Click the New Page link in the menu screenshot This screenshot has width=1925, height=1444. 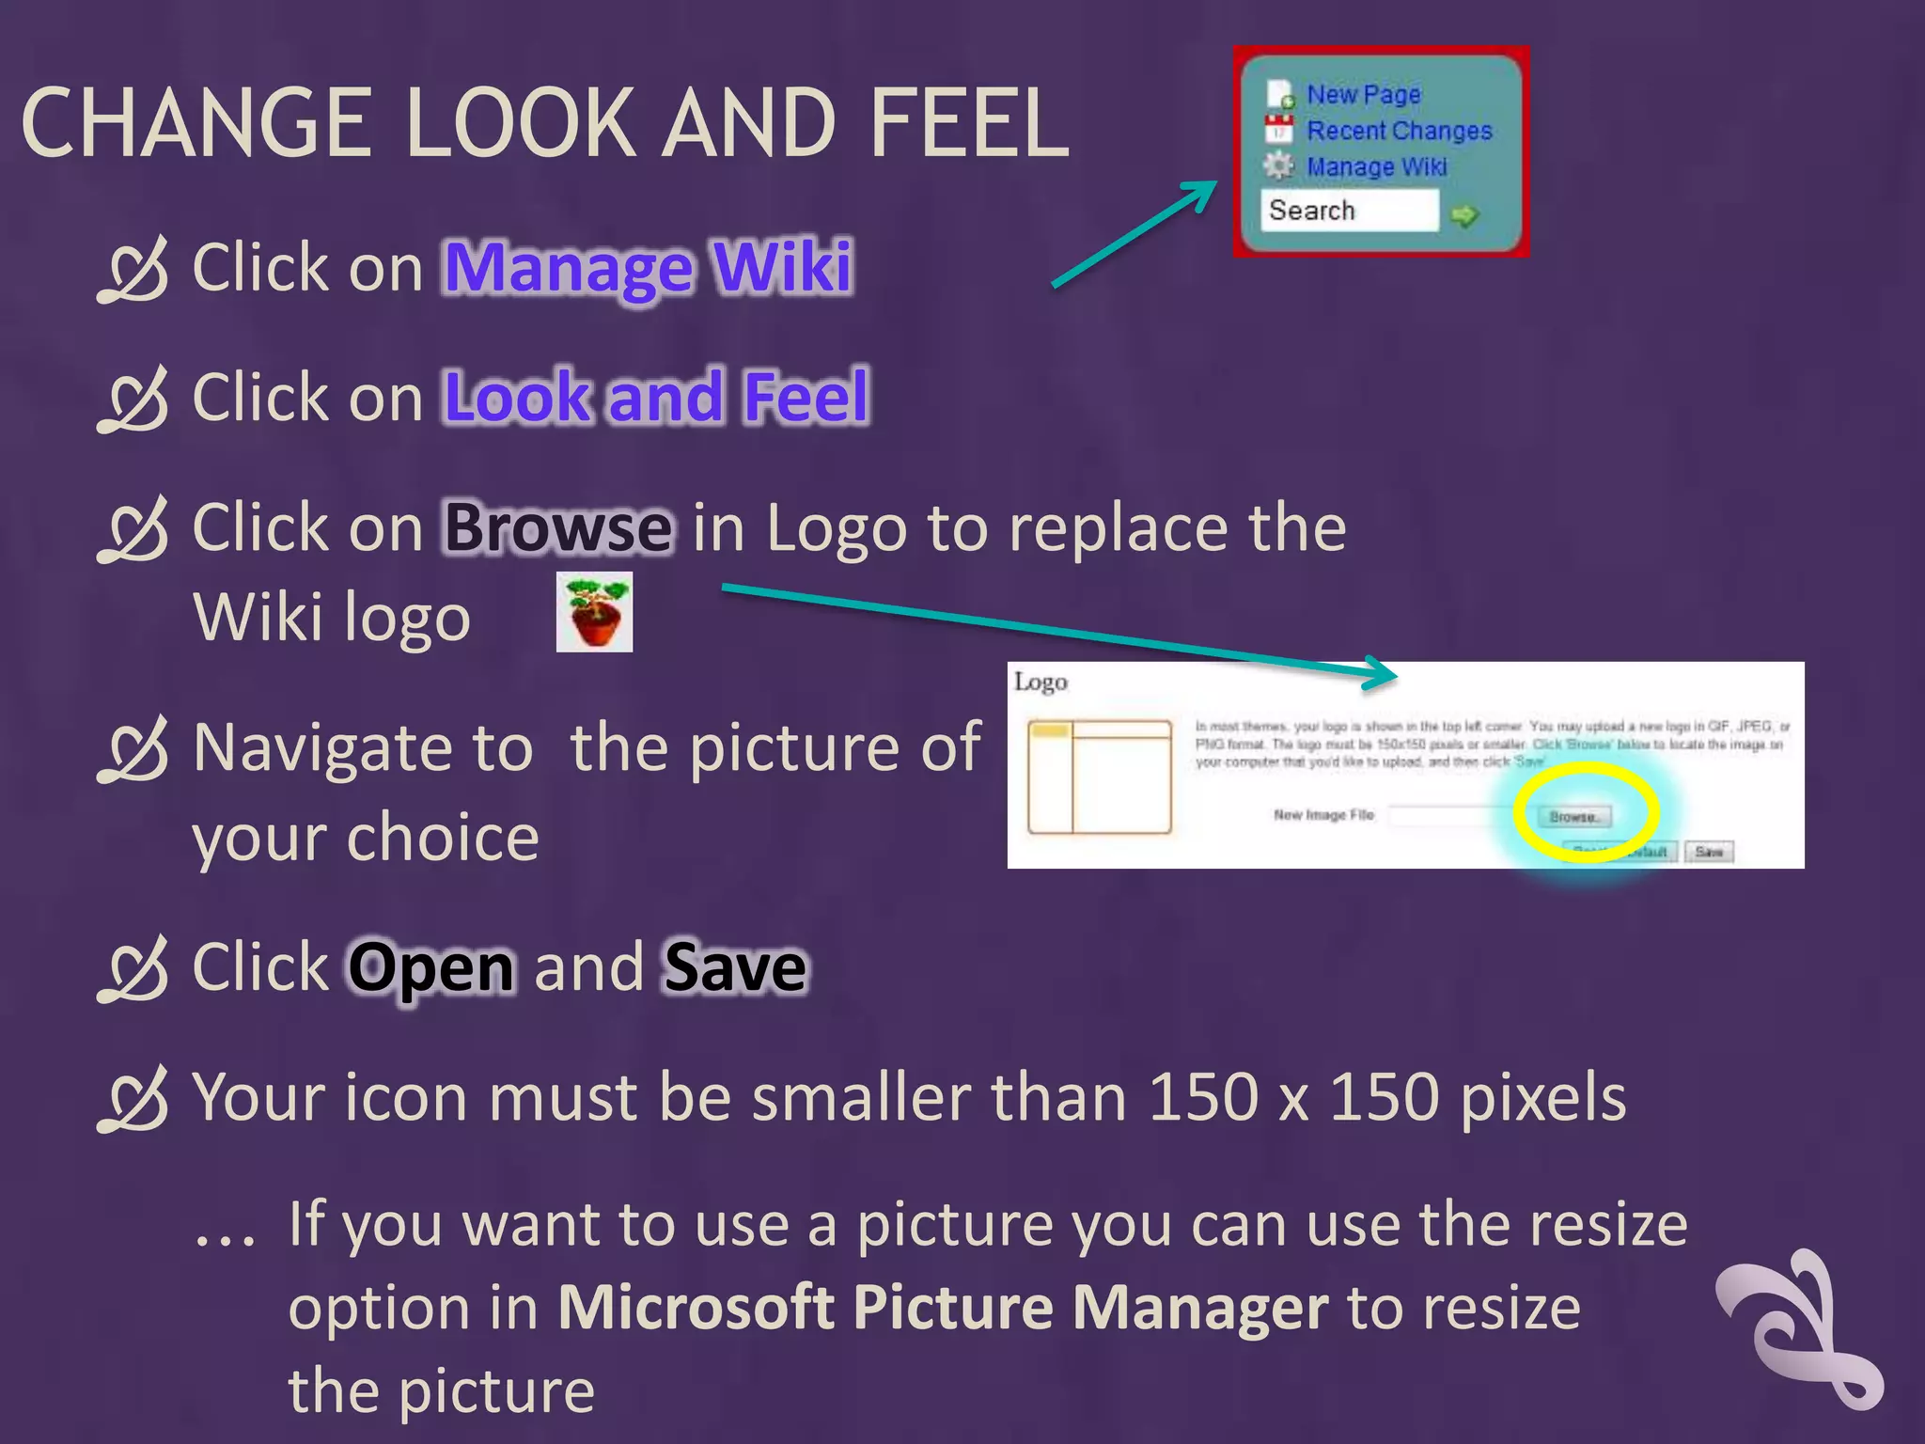[1363, 94]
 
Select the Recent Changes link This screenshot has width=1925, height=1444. [1399, 131]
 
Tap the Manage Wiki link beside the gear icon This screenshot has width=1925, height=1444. [1376, 166]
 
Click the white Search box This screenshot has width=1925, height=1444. [1349, 210]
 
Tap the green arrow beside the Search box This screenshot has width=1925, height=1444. [1464, 215]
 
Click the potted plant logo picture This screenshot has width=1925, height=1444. [594, 612]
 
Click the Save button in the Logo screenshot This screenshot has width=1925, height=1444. [1708, 852]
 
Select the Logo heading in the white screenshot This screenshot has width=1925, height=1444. [1041, 682]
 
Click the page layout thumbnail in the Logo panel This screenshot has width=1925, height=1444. [1099, 777]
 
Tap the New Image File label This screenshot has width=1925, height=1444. [1323, 815]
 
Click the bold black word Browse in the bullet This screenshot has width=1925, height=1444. [557, 527]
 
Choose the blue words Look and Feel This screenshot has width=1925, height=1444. [656, 397]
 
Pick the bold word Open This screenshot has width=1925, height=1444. [431, 967]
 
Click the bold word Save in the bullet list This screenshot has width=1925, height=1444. [735, 967]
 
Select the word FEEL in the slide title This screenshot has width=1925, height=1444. [969, 123]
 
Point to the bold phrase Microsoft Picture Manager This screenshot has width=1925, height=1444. [943, 1308]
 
